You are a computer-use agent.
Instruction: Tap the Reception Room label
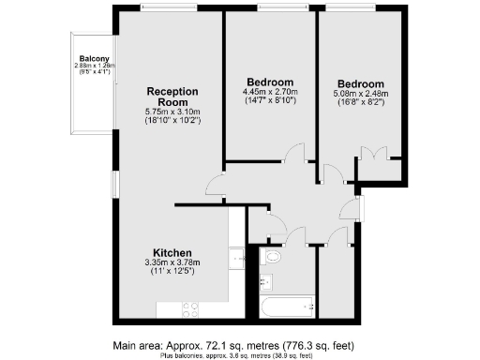click(x=172, y=97)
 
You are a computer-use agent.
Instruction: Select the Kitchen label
click(x=173, y=253)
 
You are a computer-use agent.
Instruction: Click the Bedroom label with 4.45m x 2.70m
click(x=270, y=81)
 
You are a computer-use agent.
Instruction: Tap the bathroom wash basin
click(x=264, y=281)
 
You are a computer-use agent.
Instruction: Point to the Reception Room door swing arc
click(x=215, y=186)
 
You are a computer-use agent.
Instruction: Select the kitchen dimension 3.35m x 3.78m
click(x=173, y=264)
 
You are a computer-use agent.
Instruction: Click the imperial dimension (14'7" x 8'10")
click(x=270, y=101)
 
